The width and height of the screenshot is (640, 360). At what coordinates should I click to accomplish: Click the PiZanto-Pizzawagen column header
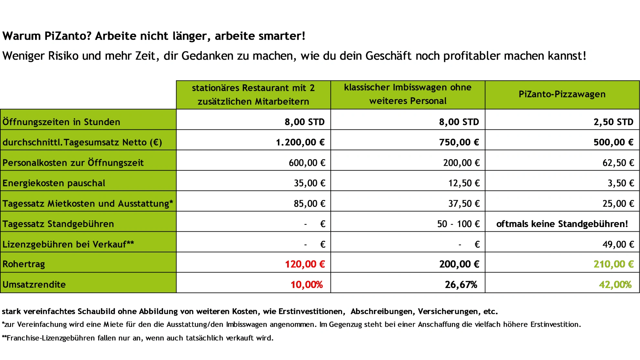point(562,94)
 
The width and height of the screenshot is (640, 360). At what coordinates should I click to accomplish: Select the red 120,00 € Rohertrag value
point(304,264)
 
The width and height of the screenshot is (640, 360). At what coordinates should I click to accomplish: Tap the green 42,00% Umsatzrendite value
point(615,285)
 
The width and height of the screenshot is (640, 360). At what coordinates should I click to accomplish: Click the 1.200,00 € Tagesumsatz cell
point(300,142)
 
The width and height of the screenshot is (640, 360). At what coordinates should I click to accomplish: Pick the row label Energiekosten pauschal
point(54,183)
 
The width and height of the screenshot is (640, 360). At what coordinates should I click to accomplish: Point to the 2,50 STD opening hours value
point(613,122)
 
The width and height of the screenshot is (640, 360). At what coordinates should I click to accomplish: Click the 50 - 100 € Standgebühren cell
point(458,224)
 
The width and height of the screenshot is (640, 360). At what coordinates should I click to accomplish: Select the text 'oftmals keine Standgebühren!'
point(562,224)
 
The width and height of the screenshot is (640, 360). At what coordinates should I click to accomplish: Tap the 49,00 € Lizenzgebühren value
point(618,244)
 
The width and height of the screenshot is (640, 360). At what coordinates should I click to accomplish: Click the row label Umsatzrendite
point(34,285)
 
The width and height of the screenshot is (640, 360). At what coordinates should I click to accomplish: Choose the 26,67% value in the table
point(461,285)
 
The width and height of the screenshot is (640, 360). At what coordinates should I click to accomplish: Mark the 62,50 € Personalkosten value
point(618,163)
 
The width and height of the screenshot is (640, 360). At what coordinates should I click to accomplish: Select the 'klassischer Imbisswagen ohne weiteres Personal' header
point(408,94)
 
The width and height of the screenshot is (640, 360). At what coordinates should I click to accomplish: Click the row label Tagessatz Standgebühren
point(58,224)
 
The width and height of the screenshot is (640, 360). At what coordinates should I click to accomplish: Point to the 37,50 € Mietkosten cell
point(464,204)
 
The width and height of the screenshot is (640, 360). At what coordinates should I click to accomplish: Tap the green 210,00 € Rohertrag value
point(613,264)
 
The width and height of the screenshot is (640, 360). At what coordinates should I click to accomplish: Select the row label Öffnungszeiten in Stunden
point(61,122)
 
